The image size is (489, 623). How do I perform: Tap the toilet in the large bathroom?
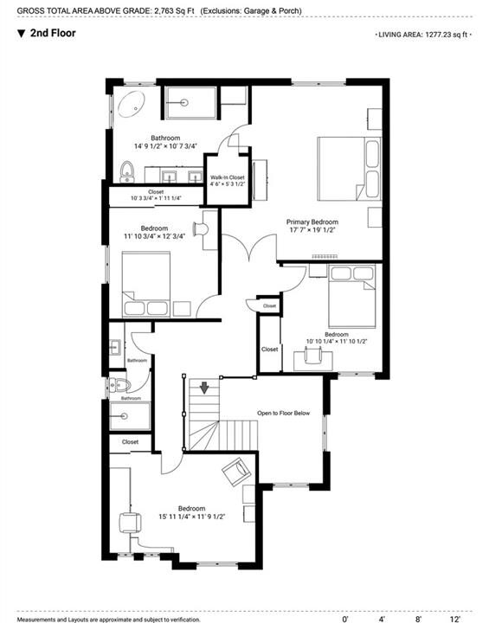(x=127, y=171)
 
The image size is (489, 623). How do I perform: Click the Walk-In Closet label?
(x=228, y=177)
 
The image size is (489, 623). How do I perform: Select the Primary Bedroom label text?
(x=312, y=222)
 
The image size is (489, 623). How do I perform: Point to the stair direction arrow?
(x=204, y=388)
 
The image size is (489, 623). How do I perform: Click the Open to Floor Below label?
(x=283, y=414)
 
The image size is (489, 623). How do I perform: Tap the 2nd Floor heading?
(x=53, y=33)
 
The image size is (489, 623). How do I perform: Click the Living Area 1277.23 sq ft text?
(x=423, y=35)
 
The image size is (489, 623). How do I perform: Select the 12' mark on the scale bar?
(x=454, y=619)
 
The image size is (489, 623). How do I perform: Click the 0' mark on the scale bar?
(x=344, y=619)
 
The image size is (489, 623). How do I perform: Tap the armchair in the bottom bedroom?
(x=236, y=471)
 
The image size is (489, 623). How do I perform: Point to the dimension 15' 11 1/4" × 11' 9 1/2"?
(x=191, y=517)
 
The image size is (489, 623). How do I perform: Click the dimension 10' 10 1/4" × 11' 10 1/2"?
(x=337, y=341)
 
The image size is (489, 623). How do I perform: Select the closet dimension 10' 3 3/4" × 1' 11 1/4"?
(x=156, y=198)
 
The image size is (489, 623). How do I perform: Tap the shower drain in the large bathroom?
(x=183, y=102)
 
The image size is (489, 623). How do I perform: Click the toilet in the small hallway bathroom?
(x=120, y=384)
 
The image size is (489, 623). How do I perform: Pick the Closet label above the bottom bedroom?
(x=130, y=442)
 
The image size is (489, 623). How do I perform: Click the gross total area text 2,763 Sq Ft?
(x=174, y=10)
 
